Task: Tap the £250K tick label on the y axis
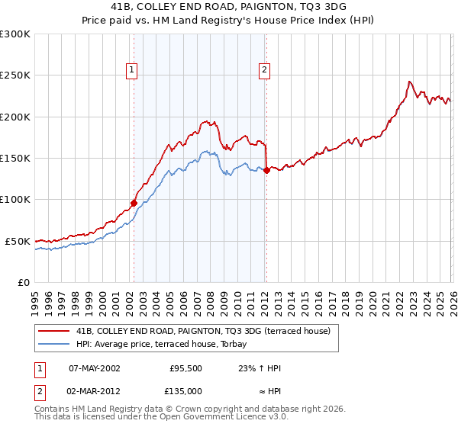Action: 15,75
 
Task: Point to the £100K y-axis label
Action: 15,200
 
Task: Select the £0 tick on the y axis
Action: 24,282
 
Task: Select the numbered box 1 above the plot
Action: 132,70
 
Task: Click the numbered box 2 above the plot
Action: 264,70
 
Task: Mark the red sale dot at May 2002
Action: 134,203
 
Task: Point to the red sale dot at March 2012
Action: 266,171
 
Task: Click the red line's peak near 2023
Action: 410,82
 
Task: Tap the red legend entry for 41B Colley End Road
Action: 202,331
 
